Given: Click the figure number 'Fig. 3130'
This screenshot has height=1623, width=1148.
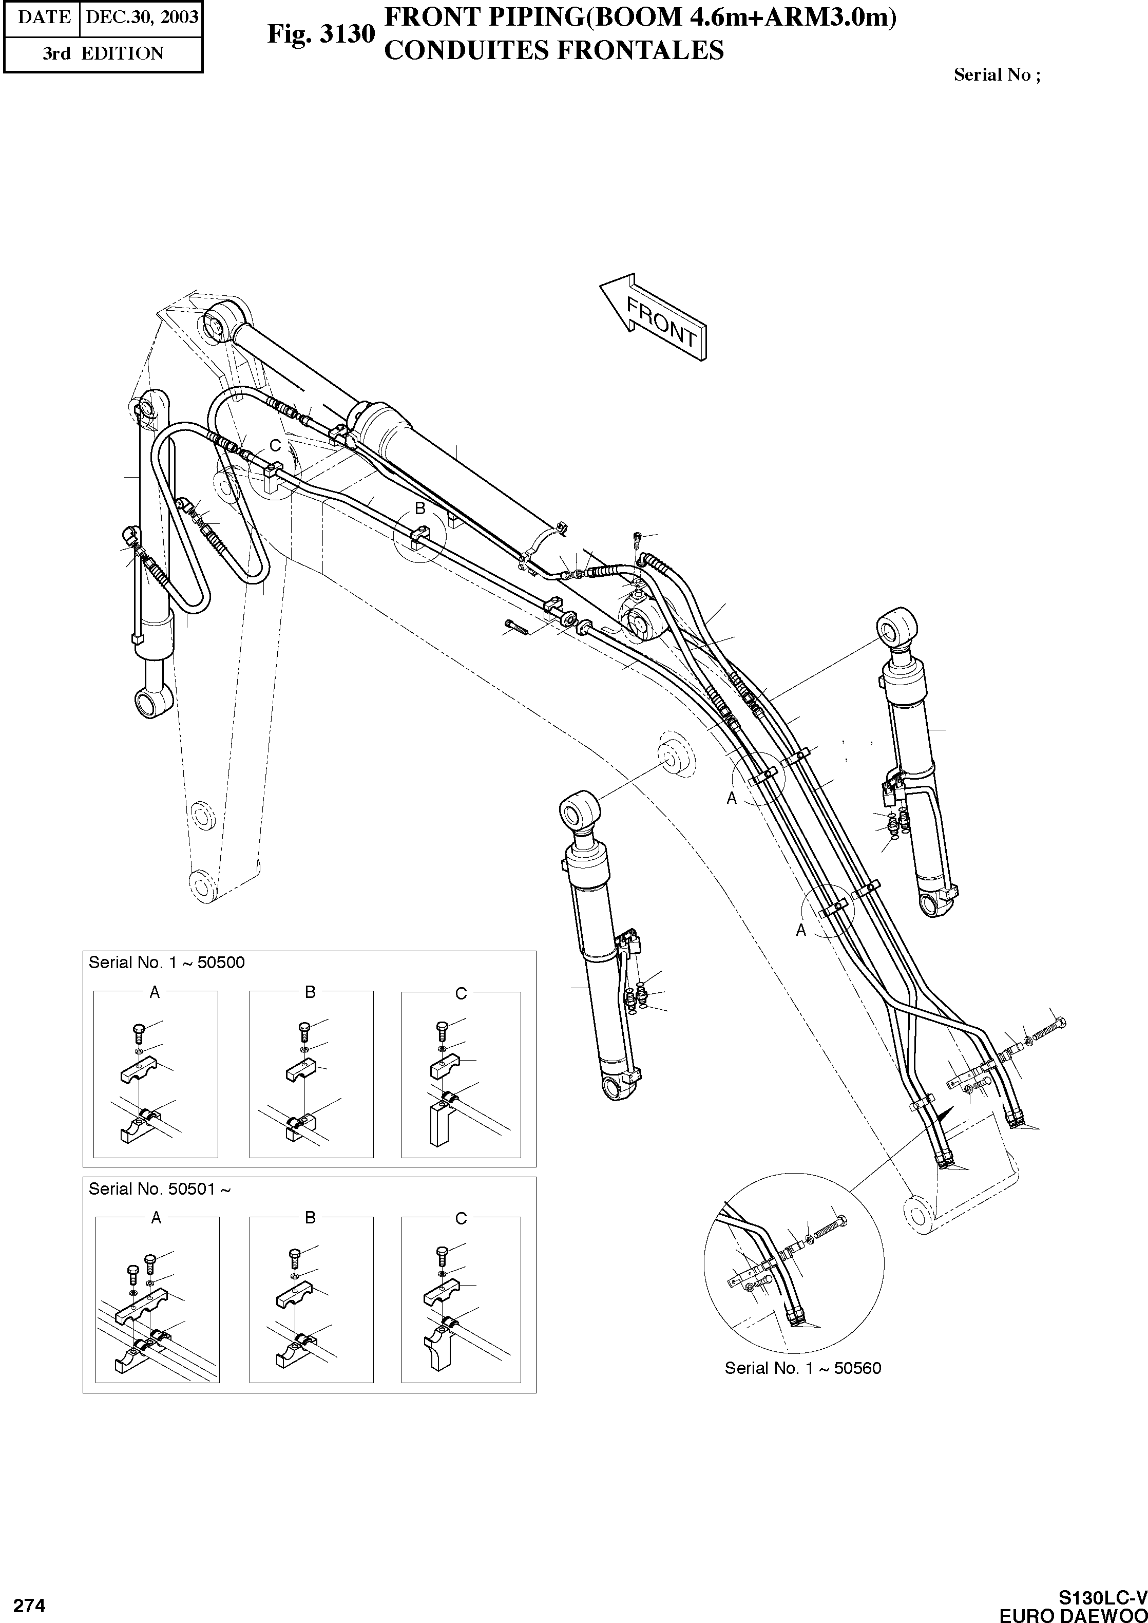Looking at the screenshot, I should point(320,34).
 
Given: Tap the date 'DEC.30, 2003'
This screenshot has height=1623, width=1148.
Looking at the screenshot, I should point(141,17).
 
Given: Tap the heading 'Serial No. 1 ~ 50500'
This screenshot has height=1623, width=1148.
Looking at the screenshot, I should point(166,962).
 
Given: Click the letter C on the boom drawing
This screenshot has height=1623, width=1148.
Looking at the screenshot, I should point(275,445).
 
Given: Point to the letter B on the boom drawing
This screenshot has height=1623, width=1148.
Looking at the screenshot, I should point(420,508).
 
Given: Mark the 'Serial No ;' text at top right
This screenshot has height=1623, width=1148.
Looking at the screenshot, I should point(997,75).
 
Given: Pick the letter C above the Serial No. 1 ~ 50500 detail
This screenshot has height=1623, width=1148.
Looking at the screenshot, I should point(461,994).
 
